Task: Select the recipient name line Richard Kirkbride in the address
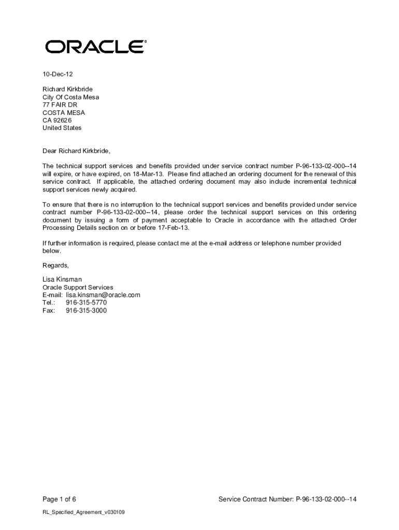[67, 89]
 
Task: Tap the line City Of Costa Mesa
[70, 97]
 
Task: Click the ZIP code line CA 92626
[57, 120]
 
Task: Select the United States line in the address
[62, 128]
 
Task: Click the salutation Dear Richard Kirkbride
[76, 151]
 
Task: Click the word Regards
[55, 266]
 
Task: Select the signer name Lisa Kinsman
[62, 279]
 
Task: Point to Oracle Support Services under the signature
[78, 287]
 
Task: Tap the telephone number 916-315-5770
[86, 303]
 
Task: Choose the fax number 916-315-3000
[86, 311]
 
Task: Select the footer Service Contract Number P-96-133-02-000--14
[288, 499]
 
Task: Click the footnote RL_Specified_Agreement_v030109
[83, 512]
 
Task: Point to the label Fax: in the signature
[49, 311]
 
